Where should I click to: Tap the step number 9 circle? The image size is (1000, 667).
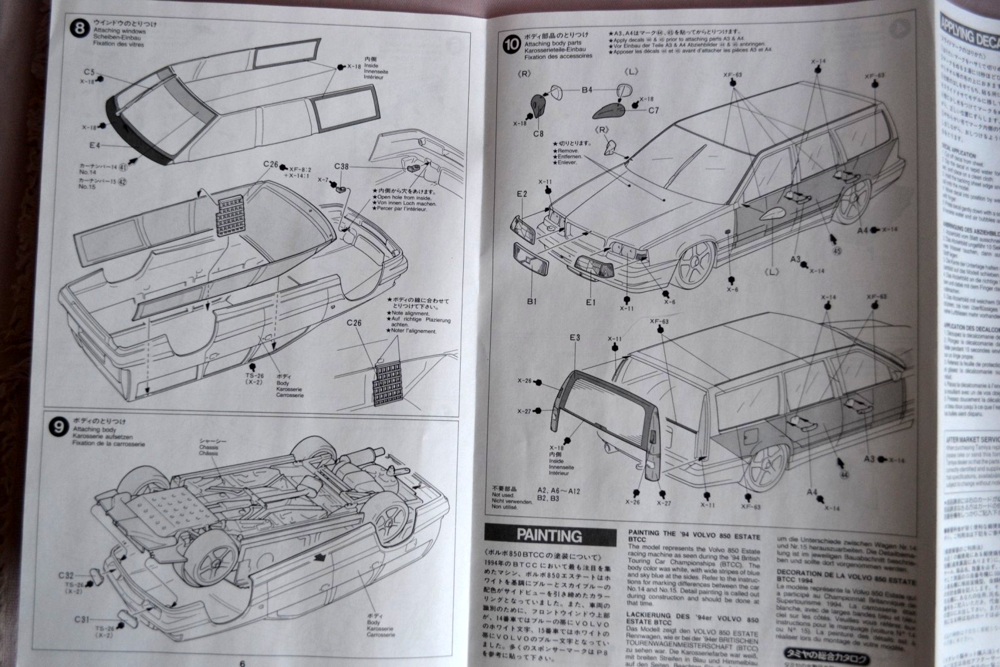tap(58, 428)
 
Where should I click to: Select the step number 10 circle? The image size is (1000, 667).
tap(512, 44)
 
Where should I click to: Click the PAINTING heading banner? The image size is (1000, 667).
tap(549, 535)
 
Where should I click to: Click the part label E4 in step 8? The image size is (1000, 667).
tap(95, 145)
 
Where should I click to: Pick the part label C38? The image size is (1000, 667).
tap(341, 166)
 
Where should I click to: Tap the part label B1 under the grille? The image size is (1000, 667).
tap(531, 301)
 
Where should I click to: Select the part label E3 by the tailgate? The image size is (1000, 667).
tap(575, 338)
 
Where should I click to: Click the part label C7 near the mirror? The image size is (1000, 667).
tap(654, 111)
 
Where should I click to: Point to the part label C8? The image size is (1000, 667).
tap(538, 133)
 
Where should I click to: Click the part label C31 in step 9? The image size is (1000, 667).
tap(82, 619)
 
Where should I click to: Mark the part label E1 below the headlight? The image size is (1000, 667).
tap(591, 301)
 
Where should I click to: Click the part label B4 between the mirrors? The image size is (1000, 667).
tap(586, 90)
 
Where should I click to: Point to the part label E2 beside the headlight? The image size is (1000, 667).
tap(522, 194)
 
